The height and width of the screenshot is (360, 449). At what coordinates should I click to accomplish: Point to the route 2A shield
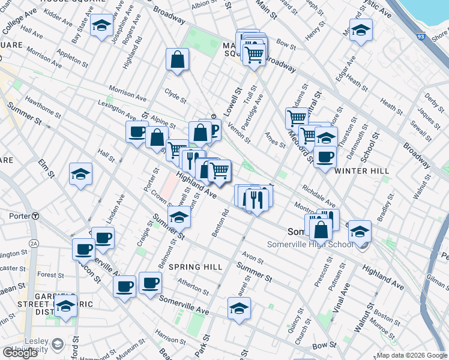pyautogui.click(x=34, y=243)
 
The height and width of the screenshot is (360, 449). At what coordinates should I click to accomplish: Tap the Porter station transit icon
pyautogui.click(x=36, y=216)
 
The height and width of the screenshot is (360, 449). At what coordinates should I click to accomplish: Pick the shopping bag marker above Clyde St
pyautogui.click(x=178, y=59)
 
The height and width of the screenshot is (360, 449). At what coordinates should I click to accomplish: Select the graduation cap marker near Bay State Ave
pyautogui.click(x=102, y=26)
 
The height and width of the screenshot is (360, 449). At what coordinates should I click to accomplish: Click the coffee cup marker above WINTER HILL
pyautogui.click(x=325, y=157)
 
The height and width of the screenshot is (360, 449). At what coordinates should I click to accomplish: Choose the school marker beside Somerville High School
pyautogui.click(x=360, y=232)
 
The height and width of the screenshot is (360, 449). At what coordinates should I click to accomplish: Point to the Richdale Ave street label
pyautogui.click(x=319, y=195)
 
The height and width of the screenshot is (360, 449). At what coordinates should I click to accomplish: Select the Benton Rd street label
pyautogui.click(x=221, y=222)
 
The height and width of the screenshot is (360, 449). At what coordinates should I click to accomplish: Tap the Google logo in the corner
pyautogui.click(x=20, y=353)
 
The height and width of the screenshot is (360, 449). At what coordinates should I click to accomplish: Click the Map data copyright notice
pyautogui.click(x=411, y=355)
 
